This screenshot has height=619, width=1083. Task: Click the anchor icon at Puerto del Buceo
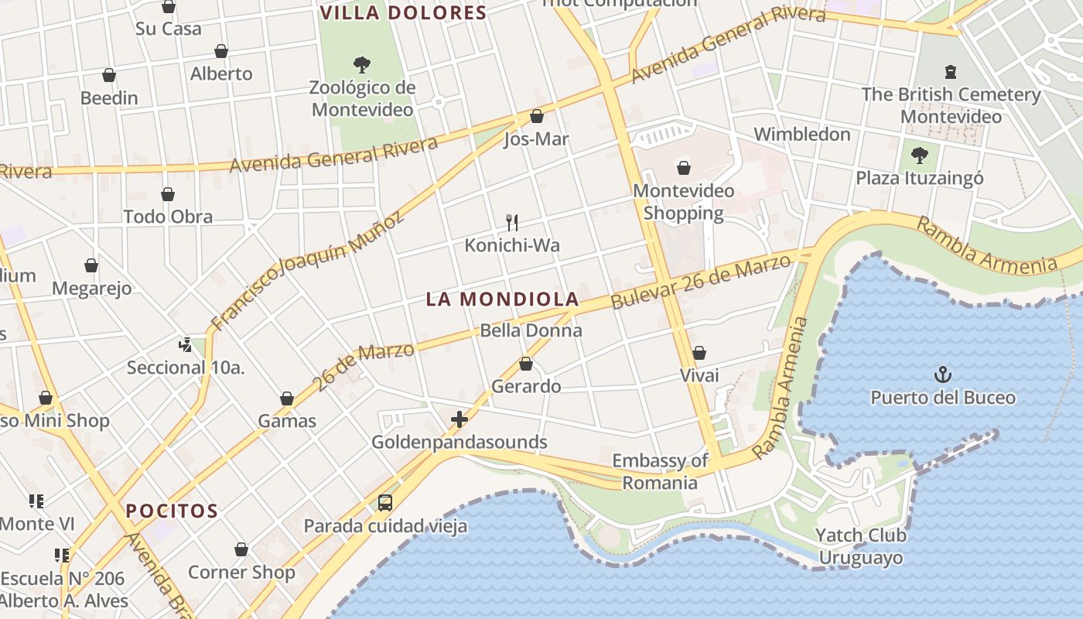tap(942, 375)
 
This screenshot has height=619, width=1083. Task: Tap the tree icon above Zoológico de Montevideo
tap(361, 64)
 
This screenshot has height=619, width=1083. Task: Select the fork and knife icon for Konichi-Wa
tap(511, 223)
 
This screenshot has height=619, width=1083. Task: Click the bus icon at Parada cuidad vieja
tap(385, 503)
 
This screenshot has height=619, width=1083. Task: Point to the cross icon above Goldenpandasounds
tap(460, 419)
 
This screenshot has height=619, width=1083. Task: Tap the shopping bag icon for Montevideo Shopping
tap(683, 167)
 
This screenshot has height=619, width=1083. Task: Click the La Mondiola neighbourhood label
tap(503, 299)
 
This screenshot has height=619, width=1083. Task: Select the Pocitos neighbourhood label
tap(172, 511)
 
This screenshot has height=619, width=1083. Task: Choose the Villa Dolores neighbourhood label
tap(403, 13)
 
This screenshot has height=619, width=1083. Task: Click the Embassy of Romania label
tap(660, 472)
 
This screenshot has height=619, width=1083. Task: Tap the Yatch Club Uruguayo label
tap(861, 546)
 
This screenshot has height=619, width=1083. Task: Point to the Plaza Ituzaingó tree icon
tap(920, 156)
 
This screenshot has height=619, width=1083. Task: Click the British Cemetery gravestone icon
tap(951, 72)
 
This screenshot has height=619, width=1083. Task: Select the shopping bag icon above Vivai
tap(699, 353)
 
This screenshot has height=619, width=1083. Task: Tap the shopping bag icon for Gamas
tap(287, 398)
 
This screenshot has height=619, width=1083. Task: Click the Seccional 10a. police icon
tap(185, 344)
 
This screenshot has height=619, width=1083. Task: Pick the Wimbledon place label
tap(802, 134)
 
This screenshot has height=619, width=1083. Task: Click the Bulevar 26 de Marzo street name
tap(701, 280)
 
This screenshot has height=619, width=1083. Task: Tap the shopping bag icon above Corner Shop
tap(241, 550)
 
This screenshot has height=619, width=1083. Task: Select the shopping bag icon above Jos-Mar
tap(537, 117)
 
